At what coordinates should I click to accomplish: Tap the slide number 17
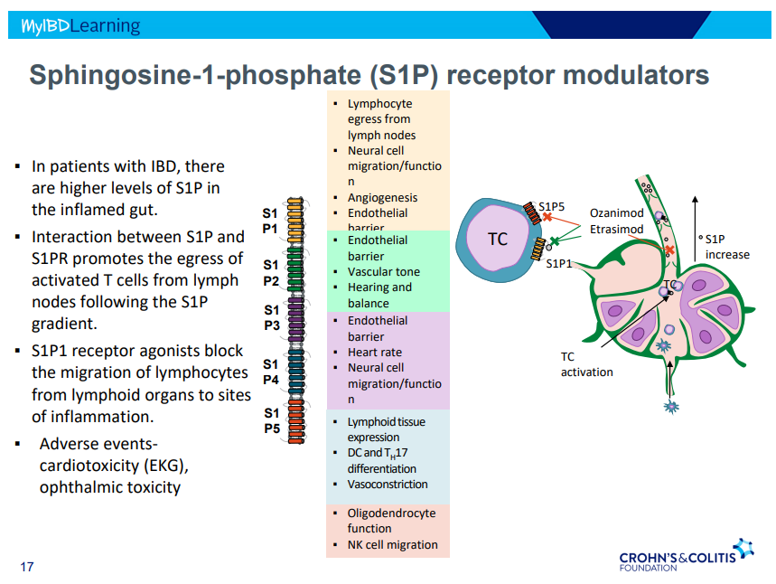[x=27, y=567]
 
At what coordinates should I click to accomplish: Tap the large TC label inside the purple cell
[x=498, y=240]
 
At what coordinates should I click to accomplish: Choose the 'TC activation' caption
[x=586, y=364]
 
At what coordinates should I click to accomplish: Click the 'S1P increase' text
[x=727, y=247]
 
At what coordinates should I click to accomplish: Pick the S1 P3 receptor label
[x=271, y=318]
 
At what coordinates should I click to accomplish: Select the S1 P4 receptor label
[x=271, y=372]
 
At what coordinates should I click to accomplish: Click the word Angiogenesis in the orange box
[x=382, y=197]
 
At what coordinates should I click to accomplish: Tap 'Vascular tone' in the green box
[x=383, y=271]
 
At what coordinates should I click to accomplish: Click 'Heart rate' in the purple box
[x=374, y=352]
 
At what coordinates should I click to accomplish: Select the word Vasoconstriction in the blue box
[x=388, y=484]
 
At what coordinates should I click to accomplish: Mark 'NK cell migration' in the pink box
[x=392, y=544]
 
